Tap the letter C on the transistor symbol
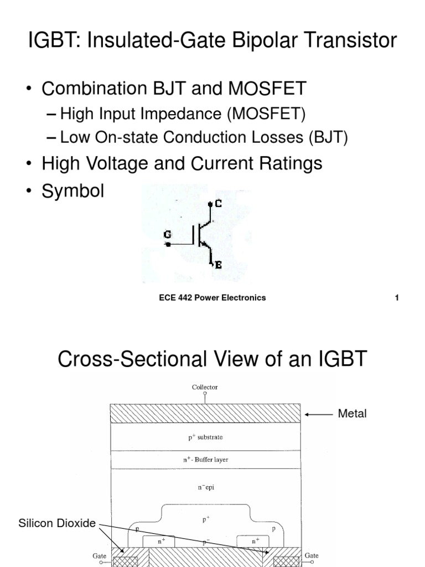(218, 203)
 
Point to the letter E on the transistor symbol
(218, 266)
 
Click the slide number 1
(397, 298)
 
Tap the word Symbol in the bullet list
(73, 192)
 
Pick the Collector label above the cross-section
(205, 387)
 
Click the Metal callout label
(352, 414)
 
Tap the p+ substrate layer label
(205, 437)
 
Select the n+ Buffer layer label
(205, 460)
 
